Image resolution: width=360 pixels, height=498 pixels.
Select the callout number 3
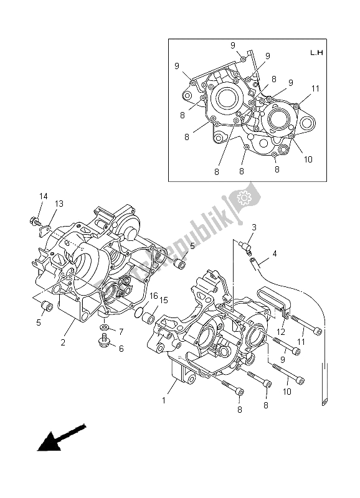point(254,227)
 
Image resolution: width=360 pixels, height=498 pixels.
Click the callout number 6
point(121,349)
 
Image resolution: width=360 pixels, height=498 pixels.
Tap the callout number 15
point(164,301)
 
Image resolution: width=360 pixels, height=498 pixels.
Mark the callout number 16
point(153,296)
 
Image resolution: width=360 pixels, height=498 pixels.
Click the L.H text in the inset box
point(316,53)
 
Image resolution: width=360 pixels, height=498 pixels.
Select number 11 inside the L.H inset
point(315,89)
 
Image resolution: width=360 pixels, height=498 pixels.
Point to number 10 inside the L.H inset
point(308,159)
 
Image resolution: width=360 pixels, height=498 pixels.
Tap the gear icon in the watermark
point(244,198)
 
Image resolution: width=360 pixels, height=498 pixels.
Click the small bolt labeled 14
point(34,220)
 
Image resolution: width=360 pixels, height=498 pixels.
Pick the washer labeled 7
point(104,327)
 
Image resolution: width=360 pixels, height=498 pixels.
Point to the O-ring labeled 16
point(141,312)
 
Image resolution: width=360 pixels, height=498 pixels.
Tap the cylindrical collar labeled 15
point(150,319)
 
